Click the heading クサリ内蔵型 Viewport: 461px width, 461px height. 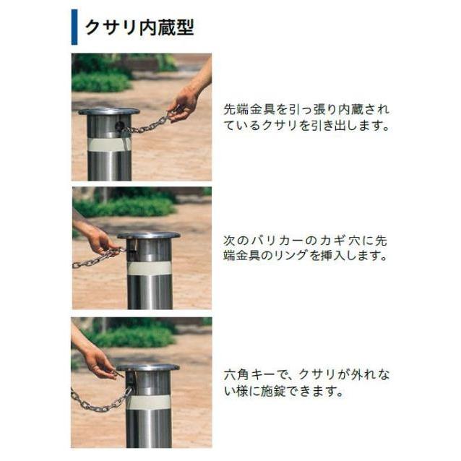139,27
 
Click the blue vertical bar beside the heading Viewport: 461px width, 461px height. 74,27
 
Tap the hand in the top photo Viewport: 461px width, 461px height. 184,103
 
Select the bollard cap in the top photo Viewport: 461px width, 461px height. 108,112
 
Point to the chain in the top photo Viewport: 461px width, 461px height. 148,126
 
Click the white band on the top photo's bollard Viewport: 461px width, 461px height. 108,144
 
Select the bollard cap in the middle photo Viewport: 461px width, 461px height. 149,236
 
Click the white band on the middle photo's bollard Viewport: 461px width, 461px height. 149,268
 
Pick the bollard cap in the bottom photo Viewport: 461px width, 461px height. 149,368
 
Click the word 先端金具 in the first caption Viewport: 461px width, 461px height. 249,110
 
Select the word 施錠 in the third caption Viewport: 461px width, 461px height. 272,393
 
